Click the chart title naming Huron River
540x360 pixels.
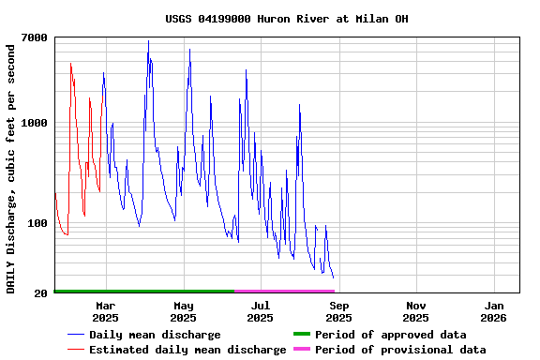287,19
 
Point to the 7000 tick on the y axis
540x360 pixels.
34,37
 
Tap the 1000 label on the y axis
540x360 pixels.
34,123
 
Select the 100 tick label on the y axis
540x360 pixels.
37,223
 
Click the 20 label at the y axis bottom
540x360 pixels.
41,293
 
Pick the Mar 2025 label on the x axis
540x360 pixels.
105,311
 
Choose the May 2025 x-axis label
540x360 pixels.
183,311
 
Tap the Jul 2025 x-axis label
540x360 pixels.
261,311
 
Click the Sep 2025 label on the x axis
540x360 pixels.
339,311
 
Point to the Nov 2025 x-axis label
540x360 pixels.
416,311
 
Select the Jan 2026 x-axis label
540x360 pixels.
494,311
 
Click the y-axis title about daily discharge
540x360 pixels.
11,166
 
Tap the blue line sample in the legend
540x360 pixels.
75,335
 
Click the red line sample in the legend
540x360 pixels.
75,350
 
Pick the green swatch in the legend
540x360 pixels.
301,335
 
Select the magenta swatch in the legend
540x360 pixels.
301,350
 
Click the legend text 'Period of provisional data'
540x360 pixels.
400,350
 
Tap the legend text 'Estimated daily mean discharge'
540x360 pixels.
187,350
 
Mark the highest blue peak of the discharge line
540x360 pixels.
148,41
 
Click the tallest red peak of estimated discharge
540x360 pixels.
70,64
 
